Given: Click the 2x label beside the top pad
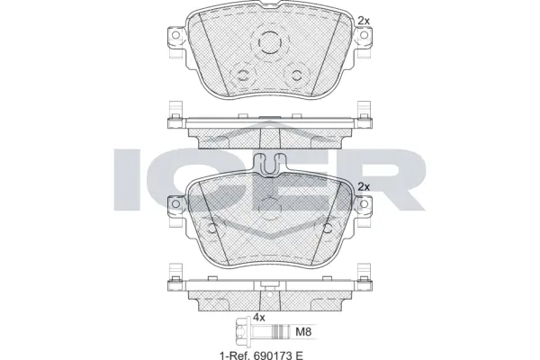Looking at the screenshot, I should click(364, 20).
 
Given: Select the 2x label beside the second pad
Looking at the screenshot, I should click(364, 186).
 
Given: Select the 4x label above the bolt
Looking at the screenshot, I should click(259, 318).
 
